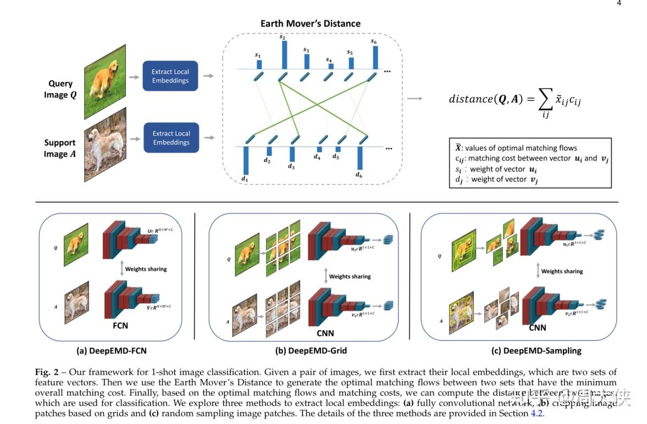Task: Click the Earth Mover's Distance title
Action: point(310,24)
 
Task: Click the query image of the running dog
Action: point(104,81)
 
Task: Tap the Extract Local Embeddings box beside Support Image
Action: point(171,137)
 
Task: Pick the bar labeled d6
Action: point(360,158)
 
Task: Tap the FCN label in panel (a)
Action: point(120,326)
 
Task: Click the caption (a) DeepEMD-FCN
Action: point(112,350)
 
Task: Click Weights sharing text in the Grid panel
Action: point(350,277)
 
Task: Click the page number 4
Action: point(619,3)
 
